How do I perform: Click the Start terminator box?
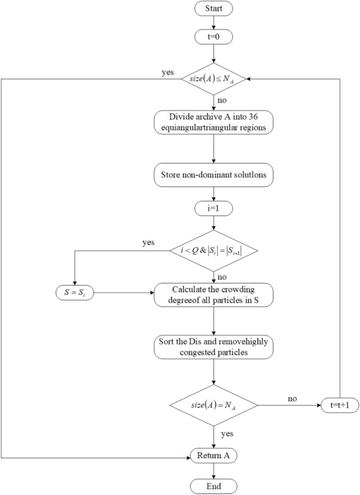click(214, 10)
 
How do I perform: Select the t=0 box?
click(214, 37)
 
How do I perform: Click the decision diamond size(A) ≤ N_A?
click(214, 79)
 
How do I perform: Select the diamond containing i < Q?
click(214, 251)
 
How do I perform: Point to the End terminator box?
click(214, 485)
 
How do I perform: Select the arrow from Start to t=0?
click(214, 23)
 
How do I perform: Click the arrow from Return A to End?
click(214, 471)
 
